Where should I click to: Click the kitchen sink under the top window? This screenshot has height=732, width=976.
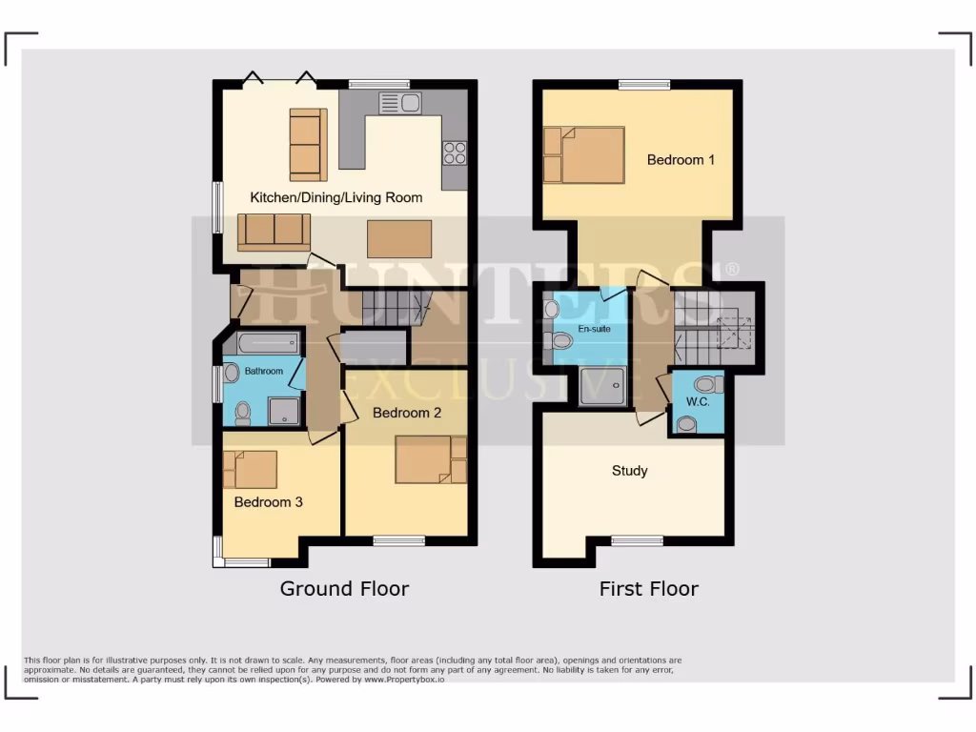tap(399, 102)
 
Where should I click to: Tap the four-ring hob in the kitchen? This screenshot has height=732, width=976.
tap(454, 152)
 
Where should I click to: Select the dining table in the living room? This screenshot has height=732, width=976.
tap(399, 238)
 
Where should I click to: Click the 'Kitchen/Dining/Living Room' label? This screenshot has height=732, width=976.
tap(335, 198)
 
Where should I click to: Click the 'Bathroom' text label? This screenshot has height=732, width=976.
tap(263, 371)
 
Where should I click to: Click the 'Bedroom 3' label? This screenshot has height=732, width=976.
tap(268, 502)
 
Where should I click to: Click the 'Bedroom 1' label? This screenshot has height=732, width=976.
tap(681, 160)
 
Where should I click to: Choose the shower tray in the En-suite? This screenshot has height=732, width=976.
tap(604, 384)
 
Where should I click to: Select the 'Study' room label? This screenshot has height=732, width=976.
tap(629, 471)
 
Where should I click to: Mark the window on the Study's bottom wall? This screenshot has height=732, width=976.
tap(637, 540)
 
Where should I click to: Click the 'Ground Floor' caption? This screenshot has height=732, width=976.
tap(344, 589)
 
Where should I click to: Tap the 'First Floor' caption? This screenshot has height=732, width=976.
tap(648, 589)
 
